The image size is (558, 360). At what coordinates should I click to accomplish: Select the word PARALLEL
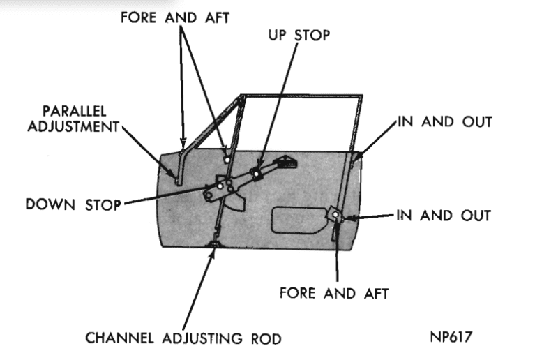(77, 112)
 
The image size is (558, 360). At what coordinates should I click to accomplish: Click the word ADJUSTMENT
(77, 128)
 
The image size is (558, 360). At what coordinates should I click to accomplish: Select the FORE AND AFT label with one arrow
(333, 292)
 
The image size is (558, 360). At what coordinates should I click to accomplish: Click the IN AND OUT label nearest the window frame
(444, 121)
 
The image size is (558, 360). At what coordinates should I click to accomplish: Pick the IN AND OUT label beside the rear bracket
(444, 215)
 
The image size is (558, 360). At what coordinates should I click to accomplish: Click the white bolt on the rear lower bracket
(335, 214)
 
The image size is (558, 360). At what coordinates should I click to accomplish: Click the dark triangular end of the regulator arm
(287, 164)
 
